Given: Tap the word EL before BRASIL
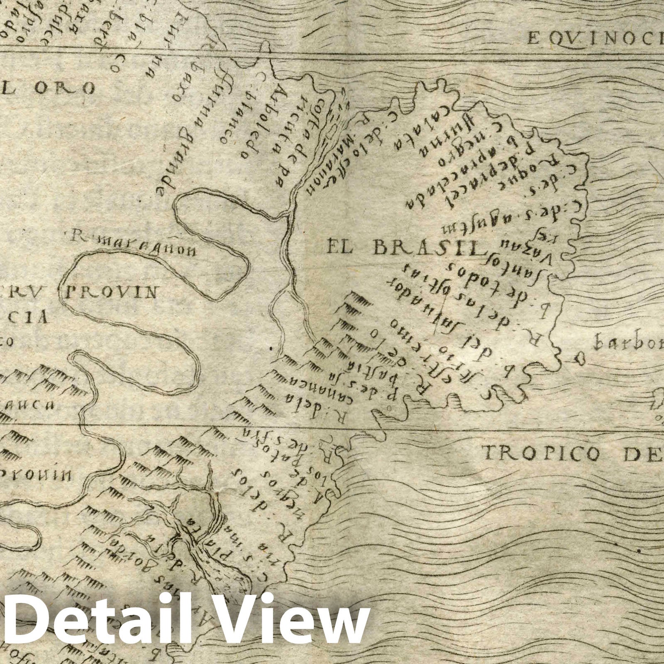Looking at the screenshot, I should coord(342,248).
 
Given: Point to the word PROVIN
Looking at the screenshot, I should coord(111,293).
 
